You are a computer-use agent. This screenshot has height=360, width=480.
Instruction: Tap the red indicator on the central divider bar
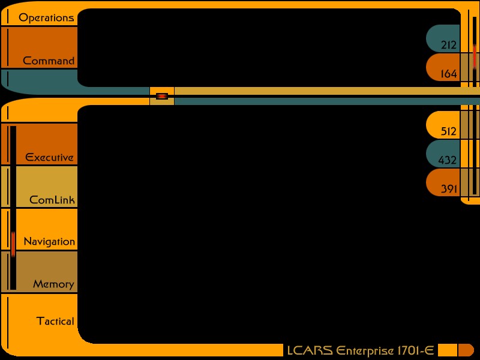click(x=162, y=96)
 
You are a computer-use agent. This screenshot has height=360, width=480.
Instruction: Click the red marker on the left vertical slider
click(x=13, y=243)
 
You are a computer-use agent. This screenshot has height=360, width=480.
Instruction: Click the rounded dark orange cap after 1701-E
click(x=467, y=350)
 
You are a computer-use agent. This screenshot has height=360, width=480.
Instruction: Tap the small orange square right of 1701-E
click(x=448, y=350)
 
